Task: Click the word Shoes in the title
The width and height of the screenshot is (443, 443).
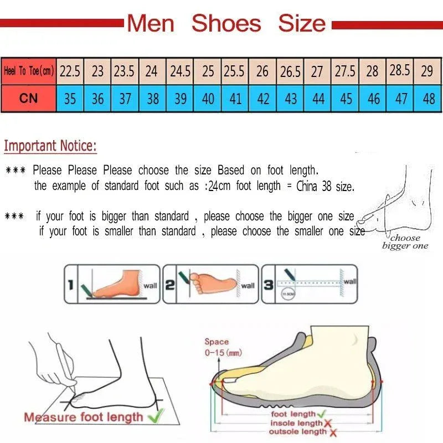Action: point(226,24)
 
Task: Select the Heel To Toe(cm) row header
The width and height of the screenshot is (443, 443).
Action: point(28,71)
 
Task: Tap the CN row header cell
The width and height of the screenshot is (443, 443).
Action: point(28,99)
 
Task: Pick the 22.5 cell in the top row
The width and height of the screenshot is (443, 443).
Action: point(70,71)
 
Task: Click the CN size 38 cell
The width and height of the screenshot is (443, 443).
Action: point(153,99)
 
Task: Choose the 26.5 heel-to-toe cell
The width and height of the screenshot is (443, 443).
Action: point(290,71)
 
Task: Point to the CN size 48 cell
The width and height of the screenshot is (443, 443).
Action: point(429,99)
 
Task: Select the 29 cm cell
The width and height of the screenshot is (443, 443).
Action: point(427,71)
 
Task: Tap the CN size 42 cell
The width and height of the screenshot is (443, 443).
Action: point(263,99)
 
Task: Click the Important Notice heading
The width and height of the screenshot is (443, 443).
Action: point(50,146)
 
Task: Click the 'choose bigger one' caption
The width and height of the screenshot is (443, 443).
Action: point(405,242)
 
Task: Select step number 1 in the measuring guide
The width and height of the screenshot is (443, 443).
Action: point(70,285)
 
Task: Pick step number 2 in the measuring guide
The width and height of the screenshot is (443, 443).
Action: point(170,285)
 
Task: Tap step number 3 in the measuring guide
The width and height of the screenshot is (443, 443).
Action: point(268,285)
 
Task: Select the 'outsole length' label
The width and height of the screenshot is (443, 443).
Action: point(298,431)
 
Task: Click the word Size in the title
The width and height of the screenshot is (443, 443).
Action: point(302,24)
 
